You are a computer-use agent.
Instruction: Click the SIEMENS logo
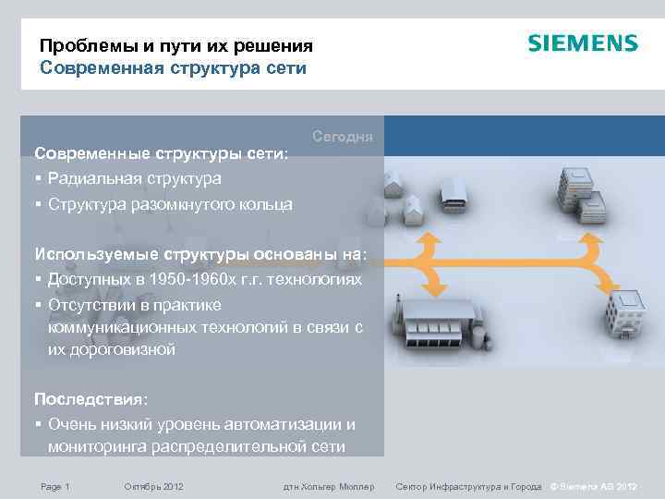582,43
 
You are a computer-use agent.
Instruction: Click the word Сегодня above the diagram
343,137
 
